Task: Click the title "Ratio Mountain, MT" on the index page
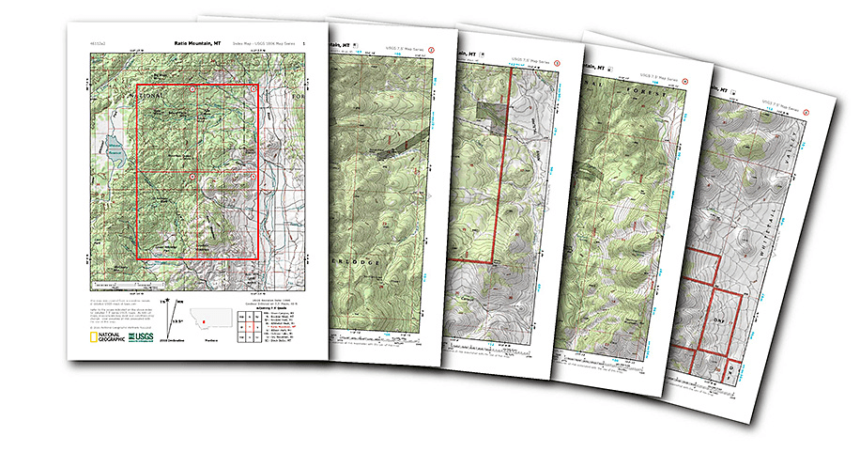pyautogui.click(x=198, y=43)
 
